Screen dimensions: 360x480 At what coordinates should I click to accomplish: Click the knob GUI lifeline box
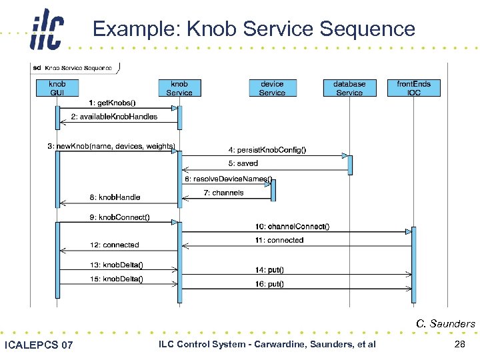57,88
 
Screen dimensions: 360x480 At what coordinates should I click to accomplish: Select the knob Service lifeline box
179,88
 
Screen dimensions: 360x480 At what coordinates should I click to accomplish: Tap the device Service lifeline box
272,88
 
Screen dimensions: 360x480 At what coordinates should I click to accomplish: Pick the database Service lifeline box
349,88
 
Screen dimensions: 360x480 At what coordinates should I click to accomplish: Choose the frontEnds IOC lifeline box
413,88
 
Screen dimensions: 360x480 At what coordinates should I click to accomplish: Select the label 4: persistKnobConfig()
268,150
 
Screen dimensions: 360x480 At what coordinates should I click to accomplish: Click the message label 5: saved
243,163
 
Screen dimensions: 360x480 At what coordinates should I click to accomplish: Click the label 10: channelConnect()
292,227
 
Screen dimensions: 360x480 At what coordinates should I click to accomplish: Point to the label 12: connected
115,245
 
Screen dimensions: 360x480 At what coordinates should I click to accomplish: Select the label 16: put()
269,284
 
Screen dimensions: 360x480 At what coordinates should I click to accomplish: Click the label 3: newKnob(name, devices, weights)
111,146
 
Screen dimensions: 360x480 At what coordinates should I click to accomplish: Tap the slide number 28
459,344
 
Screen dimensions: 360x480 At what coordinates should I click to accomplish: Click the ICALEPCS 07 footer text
39,345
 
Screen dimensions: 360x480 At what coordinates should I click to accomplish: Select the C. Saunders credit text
445,324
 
